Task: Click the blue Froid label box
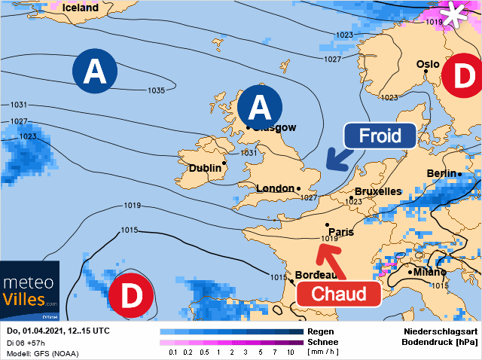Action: pos(380,136)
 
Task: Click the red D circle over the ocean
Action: pos(131,296)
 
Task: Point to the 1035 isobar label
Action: pos(155,90)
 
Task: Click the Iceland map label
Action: pos(81,8)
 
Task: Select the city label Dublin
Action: pos(204,168)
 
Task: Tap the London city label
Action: pos(275,188)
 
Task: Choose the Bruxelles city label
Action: pos(377,191)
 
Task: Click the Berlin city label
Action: pos(441,173)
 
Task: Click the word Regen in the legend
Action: pos(320,331)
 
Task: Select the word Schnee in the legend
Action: pos(322,341)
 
